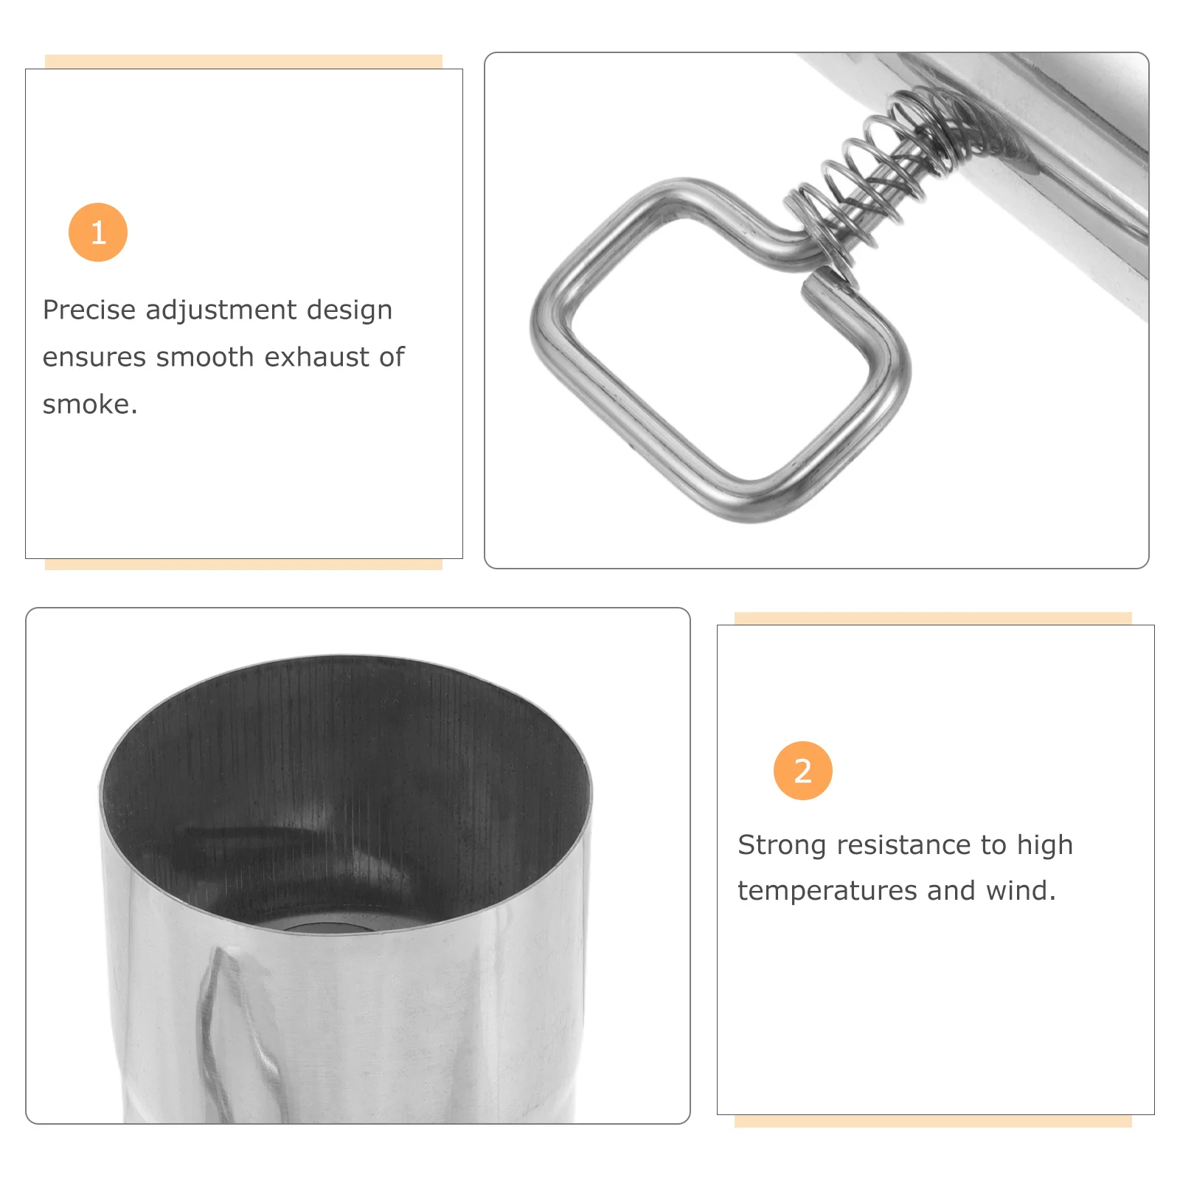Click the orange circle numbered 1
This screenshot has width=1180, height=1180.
pyautogui.click(x=98, y=232)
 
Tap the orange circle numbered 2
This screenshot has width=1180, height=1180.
pyautogui.click(x=802, y=771)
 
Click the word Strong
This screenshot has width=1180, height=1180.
pyautogui.click(x=782, y=846)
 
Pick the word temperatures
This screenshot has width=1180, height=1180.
pyautogui.click(x=827, y=892)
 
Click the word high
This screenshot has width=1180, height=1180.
pyautogui.click(x=1044, y=846)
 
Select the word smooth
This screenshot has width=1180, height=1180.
pyautogui.click(x=205, y=357)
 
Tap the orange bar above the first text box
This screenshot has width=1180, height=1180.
pyautogui.click(x=243, y=61)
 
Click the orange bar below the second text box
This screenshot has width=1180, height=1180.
pyautogui.click(x=933, y=1121)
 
